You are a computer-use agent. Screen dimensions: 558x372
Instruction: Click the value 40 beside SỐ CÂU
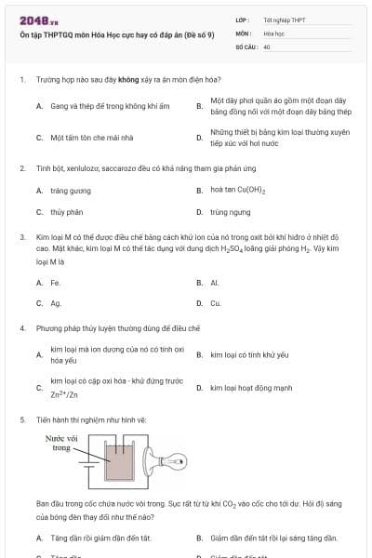pyautogui.click(x=267, y=46)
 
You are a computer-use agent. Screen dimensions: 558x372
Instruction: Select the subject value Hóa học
pyautogui.click(x=273, y=33)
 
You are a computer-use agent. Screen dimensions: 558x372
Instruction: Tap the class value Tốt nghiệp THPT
pyautogui.click(x=283, y=19)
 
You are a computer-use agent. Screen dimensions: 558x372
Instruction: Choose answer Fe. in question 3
pyautogui.click(x=56, y=282)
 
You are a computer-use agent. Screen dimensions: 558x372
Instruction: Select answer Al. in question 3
pyautogui.click(x=215, y=282)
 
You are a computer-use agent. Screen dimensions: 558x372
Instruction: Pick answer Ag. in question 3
pyautogui.click(x=56, y=303)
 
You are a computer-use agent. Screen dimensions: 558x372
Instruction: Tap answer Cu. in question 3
pyautogui.click(x=216, y=303)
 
